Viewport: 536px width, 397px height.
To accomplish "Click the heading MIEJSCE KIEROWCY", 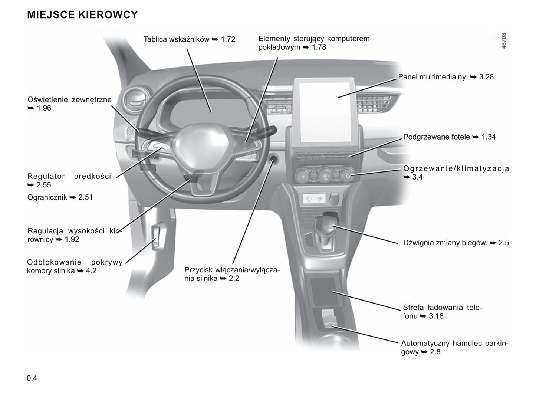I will tap(82, 14).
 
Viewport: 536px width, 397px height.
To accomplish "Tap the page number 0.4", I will tap(32, 378).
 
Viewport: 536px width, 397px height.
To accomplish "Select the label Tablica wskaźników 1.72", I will tap(189, 39).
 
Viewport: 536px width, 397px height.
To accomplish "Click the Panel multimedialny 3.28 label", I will tap(446, 77).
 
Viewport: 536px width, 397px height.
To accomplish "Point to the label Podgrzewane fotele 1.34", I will tap(449, 137).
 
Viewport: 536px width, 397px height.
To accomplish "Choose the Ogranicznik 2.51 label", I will tap(60, 197).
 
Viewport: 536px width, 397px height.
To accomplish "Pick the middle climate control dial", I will tap(325, 174).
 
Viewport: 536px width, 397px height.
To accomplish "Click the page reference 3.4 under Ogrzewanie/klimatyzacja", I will tap(417, 177).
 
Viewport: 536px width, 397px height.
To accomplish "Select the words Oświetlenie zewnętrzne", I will tap(69, 99).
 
